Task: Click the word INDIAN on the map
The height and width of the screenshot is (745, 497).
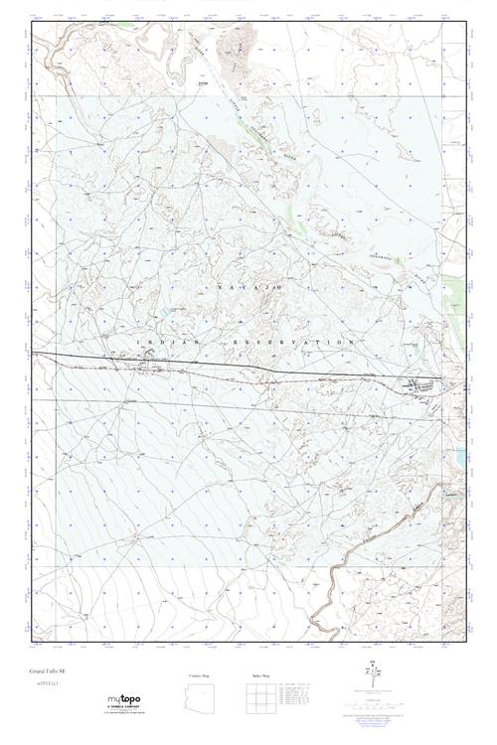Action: pyautogui.click(x=155, y=341)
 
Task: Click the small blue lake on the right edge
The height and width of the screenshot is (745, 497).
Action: pyautogui.click(x=461, y=458)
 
